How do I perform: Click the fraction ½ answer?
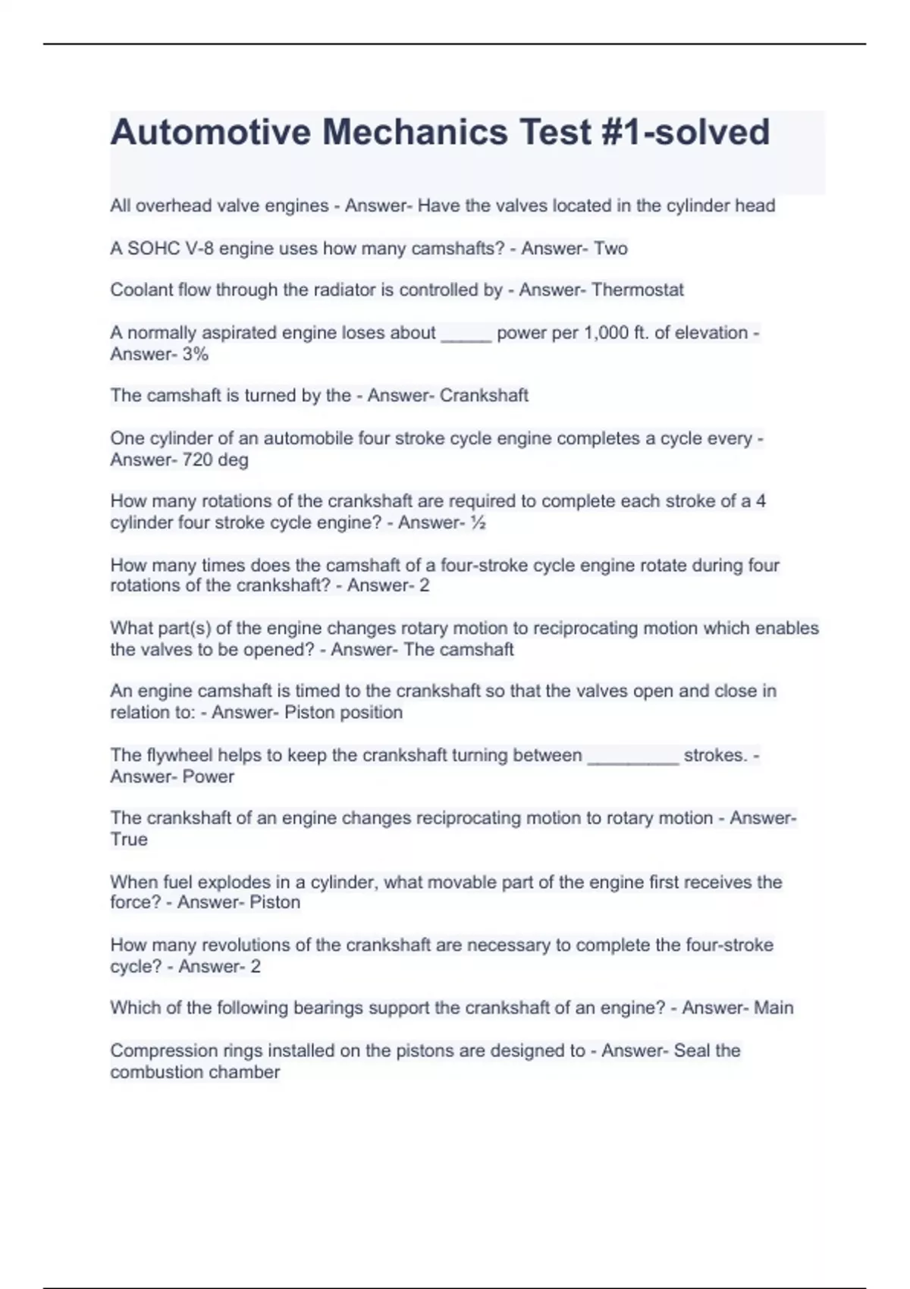click(478, 522)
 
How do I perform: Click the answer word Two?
click(610, 248)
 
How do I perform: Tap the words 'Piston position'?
click(344, 713)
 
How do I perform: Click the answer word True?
click(129, 839)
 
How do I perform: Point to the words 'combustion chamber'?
click(195, 1072)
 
